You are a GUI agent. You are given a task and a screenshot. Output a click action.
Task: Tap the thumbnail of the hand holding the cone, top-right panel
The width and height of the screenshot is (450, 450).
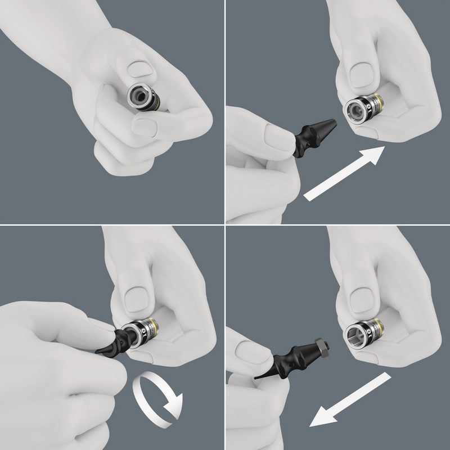pyautogui.click(x=276, y=135)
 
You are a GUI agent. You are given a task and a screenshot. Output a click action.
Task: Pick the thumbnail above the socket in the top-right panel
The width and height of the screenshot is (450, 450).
pyautogui.click(x=360, y=73)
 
